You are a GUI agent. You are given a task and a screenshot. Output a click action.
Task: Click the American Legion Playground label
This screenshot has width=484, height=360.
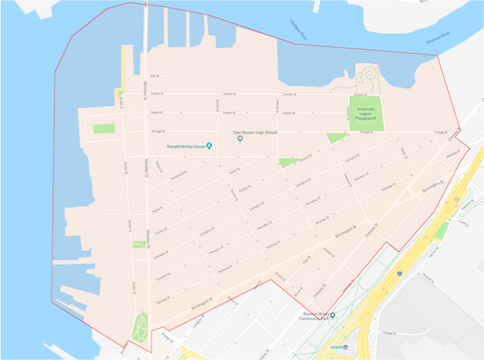click(x=366, y=114)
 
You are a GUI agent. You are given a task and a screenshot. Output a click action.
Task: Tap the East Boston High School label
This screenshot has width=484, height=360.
click(x=255, y=132)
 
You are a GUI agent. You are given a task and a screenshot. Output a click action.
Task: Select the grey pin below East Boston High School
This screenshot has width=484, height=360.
click(x=240, y=139)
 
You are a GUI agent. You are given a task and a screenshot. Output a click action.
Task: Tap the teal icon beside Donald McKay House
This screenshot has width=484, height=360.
click(x=209, y=146)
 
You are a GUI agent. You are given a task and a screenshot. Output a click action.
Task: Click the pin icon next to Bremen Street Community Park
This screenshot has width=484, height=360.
click(x=333, y=315)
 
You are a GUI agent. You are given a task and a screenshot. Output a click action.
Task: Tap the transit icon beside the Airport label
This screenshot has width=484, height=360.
click(x=346, y=347)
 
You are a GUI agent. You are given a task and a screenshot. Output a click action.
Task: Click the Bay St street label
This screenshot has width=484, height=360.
click(x=154, y=76)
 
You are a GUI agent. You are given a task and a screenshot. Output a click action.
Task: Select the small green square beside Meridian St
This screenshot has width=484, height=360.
click(x=138, y=244)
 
